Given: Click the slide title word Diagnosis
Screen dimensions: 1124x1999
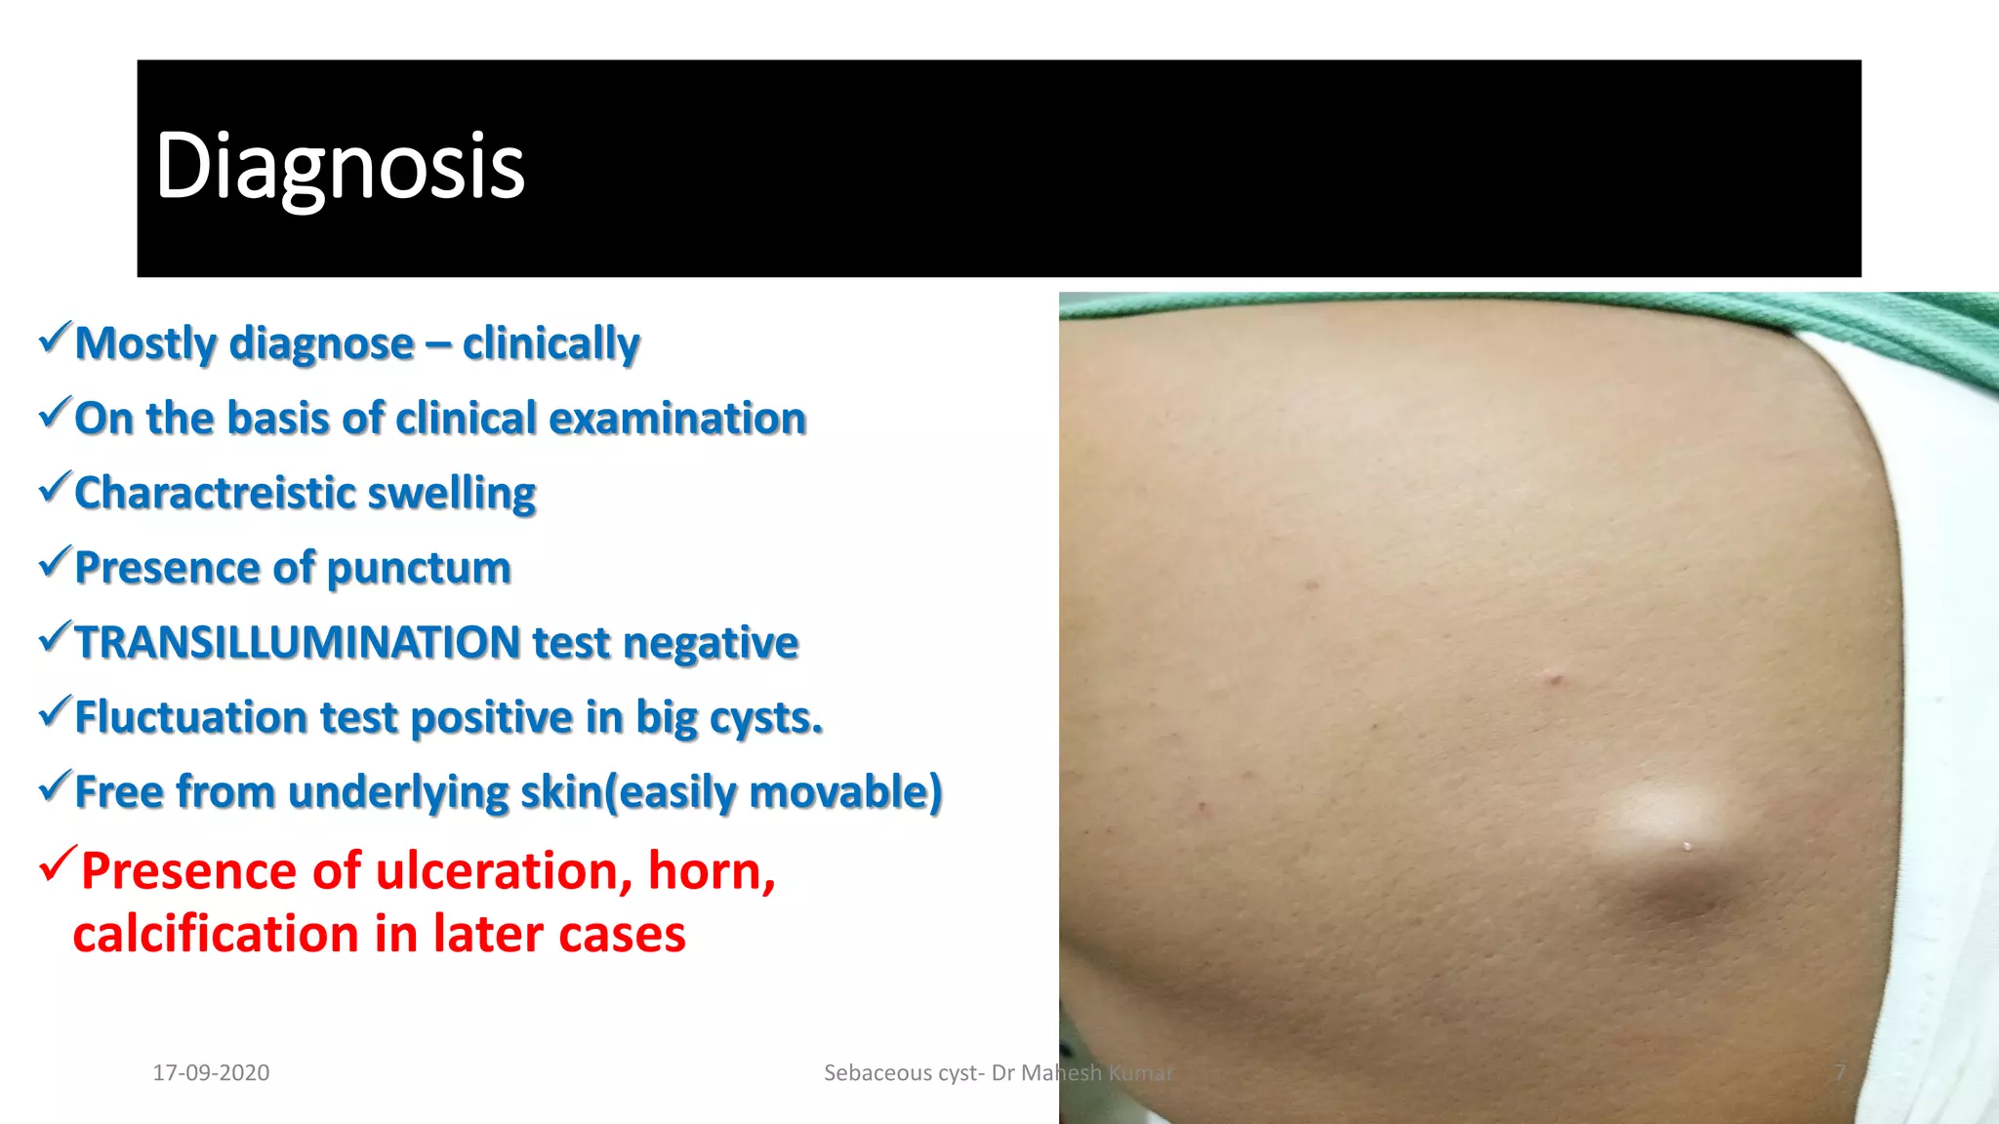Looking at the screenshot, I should [340, 168].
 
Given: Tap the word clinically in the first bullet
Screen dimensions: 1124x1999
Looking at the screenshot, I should [551, 343].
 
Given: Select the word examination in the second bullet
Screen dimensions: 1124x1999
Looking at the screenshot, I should [677, 419].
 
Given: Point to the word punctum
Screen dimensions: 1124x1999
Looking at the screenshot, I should [419, 568].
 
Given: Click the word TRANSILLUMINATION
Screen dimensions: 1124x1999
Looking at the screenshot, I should [298, 643].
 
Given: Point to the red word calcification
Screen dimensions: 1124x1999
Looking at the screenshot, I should [216, 934].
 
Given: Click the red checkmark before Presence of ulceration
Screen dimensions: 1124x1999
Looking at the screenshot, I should [57, 863].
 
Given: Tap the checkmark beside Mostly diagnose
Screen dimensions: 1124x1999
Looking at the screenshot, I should [55, 338].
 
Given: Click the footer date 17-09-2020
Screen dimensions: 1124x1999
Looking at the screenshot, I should [211, 1072].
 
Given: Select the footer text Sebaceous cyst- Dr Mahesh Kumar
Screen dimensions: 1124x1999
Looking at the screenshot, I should [998, 1072].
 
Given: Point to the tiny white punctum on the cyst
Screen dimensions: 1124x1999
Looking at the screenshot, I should [1688, 846].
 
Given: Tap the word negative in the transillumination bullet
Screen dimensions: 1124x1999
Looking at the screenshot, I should [710, 643].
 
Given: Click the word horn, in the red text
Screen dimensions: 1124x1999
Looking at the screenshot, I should [712, 870].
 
